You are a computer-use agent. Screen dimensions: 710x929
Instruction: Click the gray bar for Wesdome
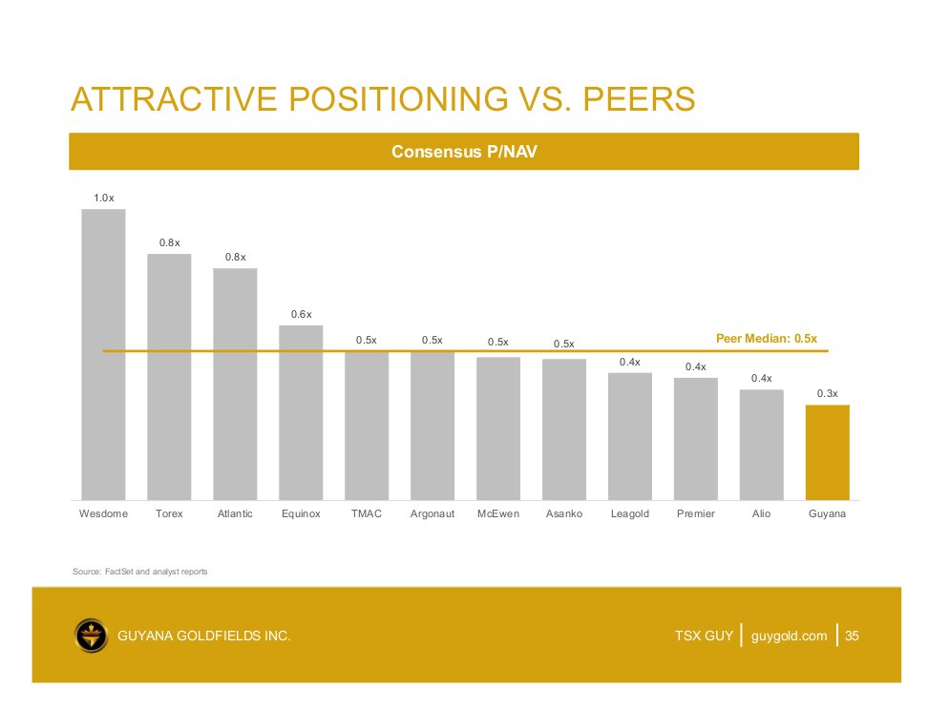pyautogui.click(x=103, y=353)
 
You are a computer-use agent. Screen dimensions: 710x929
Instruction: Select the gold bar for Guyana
pyautogui.click(x=827, y=451)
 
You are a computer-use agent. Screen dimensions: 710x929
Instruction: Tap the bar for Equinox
pyautogui.click(x=301, y=412)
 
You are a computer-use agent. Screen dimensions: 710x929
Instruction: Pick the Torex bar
pyautogui.click(x=169, y=376)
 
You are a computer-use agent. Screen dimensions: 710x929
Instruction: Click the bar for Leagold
pyautogui.click(x=629, y=435)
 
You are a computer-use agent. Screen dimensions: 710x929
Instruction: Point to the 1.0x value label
pyautogui.click(x=103, y=198)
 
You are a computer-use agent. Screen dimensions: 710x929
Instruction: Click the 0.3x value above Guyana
pyautogui.click(x=827, y=393)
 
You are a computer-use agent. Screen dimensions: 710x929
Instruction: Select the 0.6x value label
pyautogui.click(x=301, y=314)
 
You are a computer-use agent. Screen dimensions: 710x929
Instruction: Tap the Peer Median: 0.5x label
pyautogui.click(x=766, y=339)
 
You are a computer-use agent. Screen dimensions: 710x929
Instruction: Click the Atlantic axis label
pyautogui.click(x=235, y=514)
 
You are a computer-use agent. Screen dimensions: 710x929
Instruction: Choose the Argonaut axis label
pyautogui.click(x=433, y=514)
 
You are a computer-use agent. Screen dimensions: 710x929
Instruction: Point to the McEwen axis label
pyautogui.click(x=498, y=514)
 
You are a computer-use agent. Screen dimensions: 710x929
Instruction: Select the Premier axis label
pyautogui.click(x=696, y=514)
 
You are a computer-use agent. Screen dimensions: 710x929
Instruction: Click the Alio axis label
pyautogui.click(x=761, y=514)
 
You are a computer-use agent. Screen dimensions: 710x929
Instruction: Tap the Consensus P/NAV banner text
pyautogui.click(x=464, y=152)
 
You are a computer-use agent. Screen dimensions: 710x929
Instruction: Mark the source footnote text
pyautogui.click(x=140, y=572)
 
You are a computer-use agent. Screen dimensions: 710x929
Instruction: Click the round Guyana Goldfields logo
pyautogui.click(x=91, y=635)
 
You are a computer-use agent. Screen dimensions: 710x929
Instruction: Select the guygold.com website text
pyautogui.click(x=789, y=636)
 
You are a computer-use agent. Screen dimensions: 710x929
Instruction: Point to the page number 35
pyautogui.click(x=853, y=636)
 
